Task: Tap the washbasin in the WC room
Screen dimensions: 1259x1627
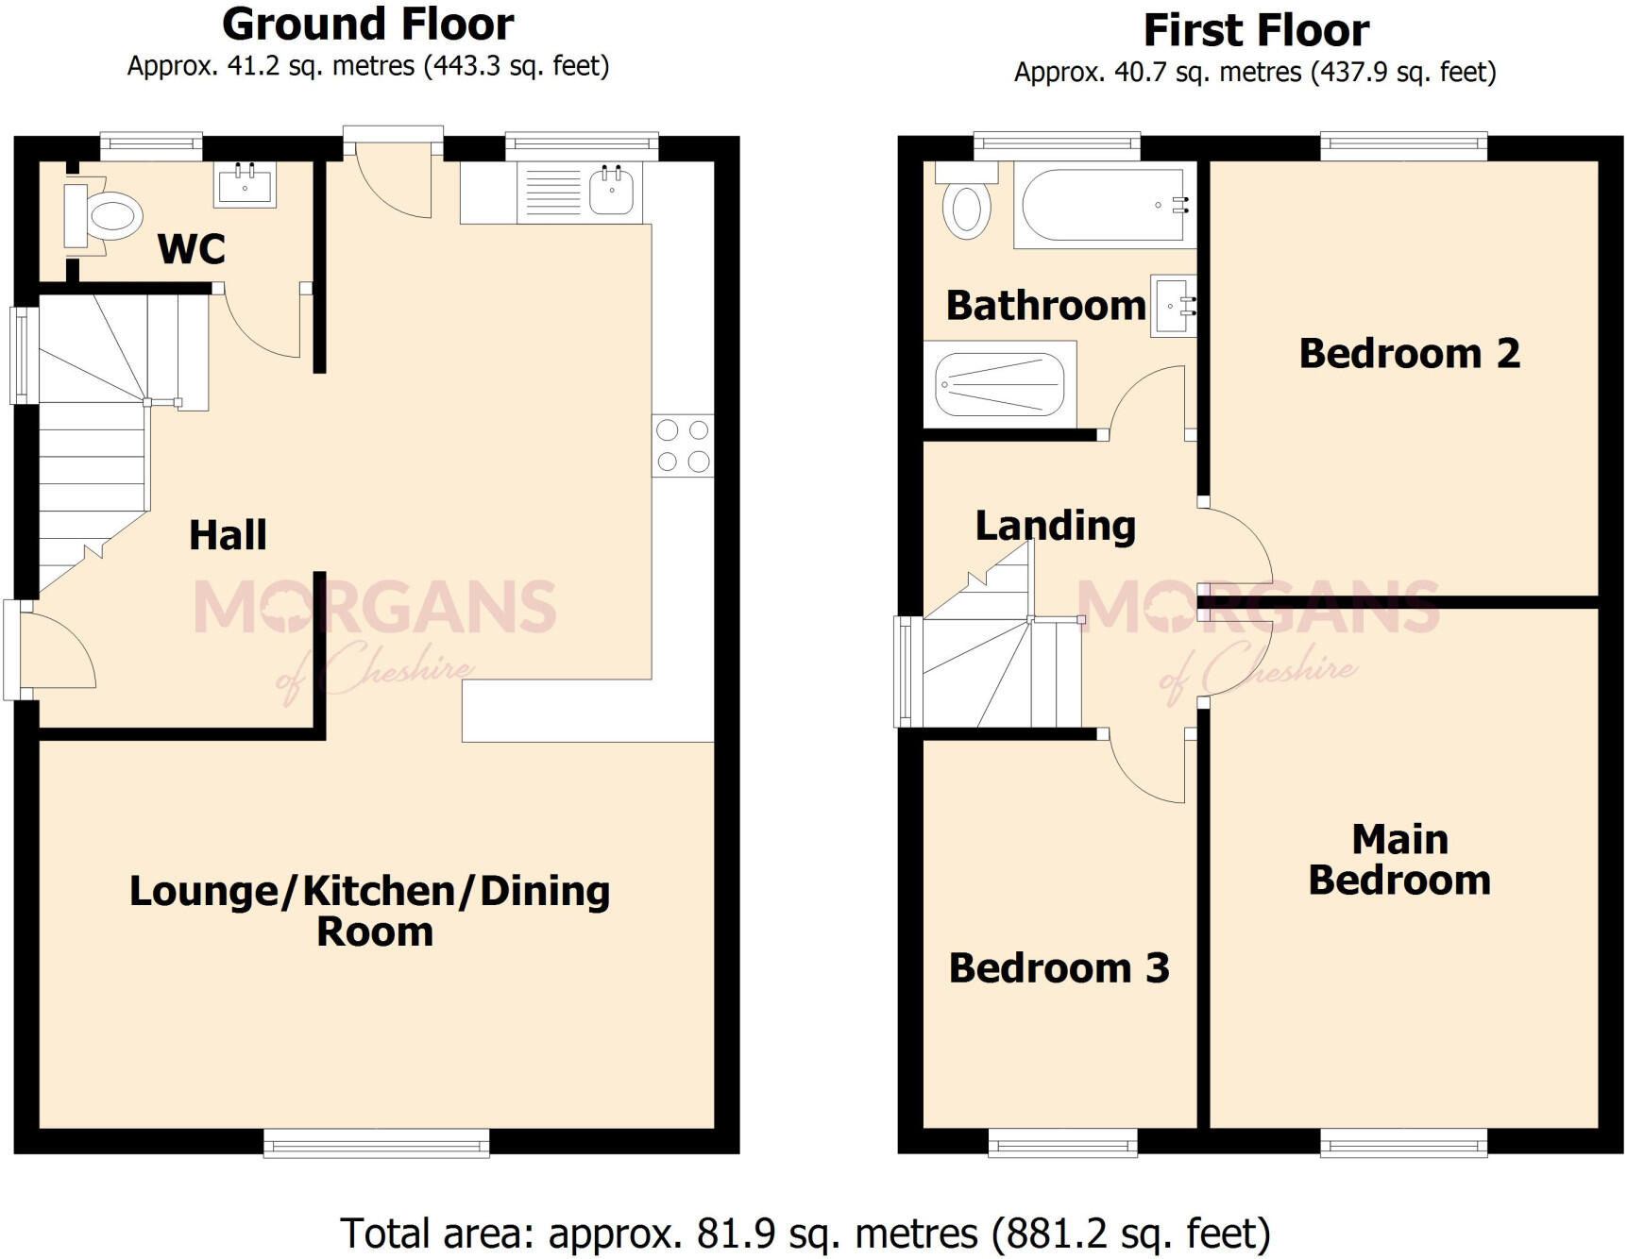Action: [245, 184]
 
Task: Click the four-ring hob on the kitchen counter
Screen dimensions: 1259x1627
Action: [682, 445]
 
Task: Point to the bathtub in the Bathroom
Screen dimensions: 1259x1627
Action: [1101, 205]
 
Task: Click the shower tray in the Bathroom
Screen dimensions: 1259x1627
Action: [1000, 384]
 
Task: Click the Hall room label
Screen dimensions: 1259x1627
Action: [228, 535]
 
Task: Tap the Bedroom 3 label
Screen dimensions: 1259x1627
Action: [1059, 968]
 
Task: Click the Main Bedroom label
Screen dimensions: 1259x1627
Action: [1399, 860]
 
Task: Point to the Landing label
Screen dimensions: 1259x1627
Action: [1055, 526]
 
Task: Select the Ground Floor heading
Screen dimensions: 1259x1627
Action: [368, 25]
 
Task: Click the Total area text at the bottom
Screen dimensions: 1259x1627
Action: [805, 1234]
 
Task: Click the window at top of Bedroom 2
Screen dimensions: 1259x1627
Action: [1403, 143]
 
